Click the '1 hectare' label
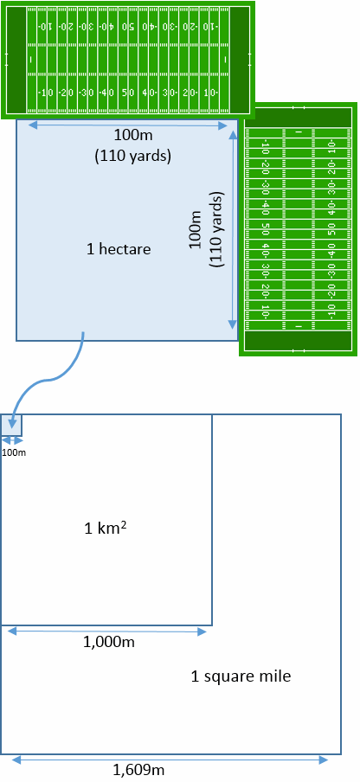tap(119, 249)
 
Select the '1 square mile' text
tap(241, 676)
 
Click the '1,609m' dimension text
tap(138, 770)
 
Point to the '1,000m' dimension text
tap(108, 642)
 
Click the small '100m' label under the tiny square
tap(14, 452)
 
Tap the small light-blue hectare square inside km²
tap(11, 425)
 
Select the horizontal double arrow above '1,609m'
tap(170, 760)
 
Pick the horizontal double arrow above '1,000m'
tap(107, 631)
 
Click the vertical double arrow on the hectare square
tap(232, 229)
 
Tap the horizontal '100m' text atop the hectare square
tap(133, 135)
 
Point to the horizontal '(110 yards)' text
tap(133, 156)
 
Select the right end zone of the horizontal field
tap(240, 60)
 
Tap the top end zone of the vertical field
tap(299, 116)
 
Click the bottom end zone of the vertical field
tap(299, 341)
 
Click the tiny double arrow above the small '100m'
tap(11, 441)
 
